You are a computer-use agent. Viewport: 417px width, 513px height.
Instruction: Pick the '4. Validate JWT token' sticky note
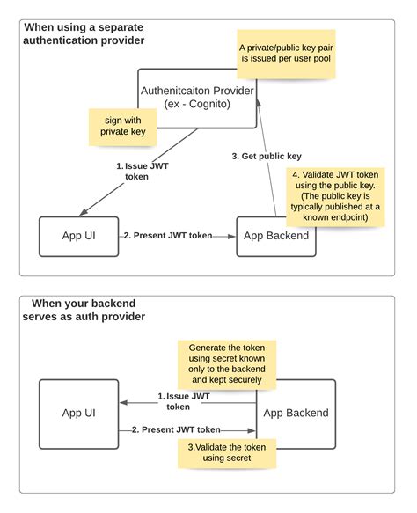point(336,196)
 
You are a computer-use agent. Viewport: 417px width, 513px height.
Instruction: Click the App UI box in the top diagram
point(78,236)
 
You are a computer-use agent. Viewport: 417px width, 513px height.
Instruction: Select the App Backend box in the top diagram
point(275,236)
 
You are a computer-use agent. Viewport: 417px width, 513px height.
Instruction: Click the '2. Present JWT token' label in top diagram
point(167,236)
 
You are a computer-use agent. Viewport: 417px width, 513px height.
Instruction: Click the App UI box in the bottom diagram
point(78,413)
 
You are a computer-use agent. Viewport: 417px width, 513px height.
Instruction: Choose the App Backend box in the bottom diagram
point(296,413)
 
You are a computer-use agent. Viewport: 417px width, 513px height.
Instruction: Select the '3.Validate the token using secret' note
point(227,453)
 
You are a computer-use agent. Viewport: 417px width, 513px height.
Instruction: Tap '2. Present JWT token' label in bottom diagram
point(176,429)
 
